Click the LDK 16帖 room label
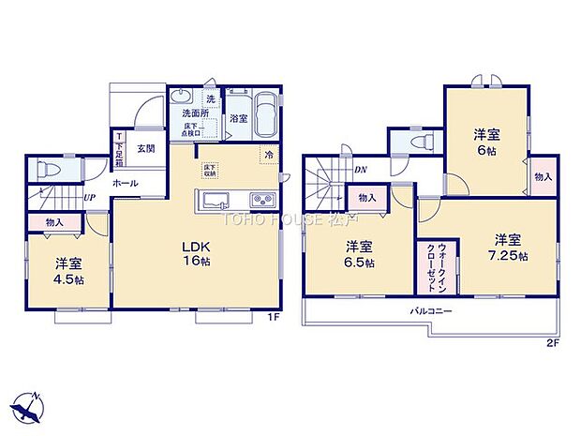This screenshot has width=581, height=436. (196, 254)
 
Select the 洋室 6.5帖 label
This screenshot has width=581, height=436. (359, 256)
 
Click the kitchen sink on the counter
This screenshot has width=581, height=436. (213, 200)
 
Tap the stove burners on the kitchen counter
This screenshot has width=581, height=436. (260, 200)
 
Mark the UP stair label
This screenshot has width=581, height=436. (90, 199)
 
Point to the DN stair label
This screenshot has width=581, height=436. (360, 170)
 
